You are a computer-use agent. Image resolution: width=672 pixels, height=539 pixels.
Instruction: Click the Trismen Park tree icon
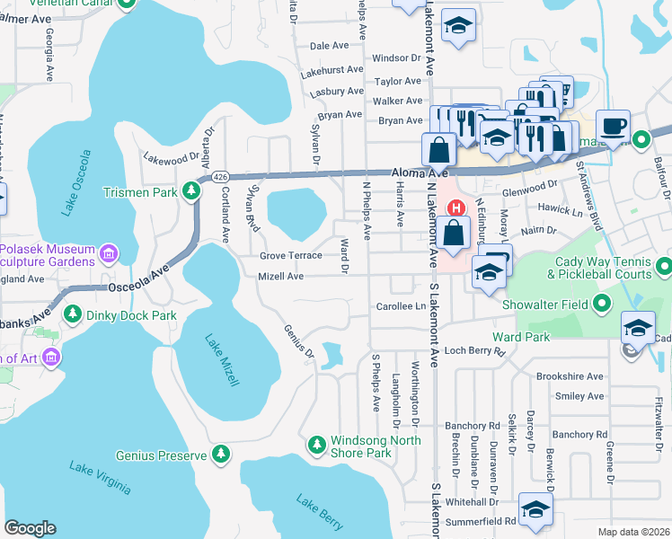pyautogui.click(x=190, y=190)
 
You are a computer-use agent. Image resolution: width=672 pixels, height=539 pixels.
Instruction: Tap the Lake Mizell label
pyautogui.click(x=221, y=360)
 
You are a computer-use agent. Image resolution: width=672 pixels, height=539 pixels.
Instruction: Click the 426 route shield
pyautogui.click(x=220, y=178)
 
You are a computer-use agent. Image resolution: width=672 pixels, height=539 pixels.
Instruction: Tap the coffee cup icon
pyautogui.click(x=613, y=127)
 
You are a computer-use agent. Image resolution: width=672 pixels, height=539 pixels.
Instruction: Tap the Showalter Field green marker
pyautogui.click(x=602, y=305)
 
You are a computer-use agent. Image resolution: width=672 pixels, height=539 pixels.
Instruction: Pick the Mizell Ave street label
pyautogui.click(x=280, y=277)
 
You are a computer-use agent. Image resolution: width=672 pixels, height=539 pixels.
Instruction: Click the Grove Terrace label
pyautogui.click(x=290, y=256)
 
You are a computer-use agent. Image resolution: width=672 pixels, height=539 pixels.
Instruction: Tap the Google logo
pyautogui.click(x=30, y=528)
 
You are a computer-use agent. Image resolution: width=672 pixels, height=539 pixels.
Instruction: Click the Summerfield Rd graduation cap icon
pyautogui.click(x=536, y=511)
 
